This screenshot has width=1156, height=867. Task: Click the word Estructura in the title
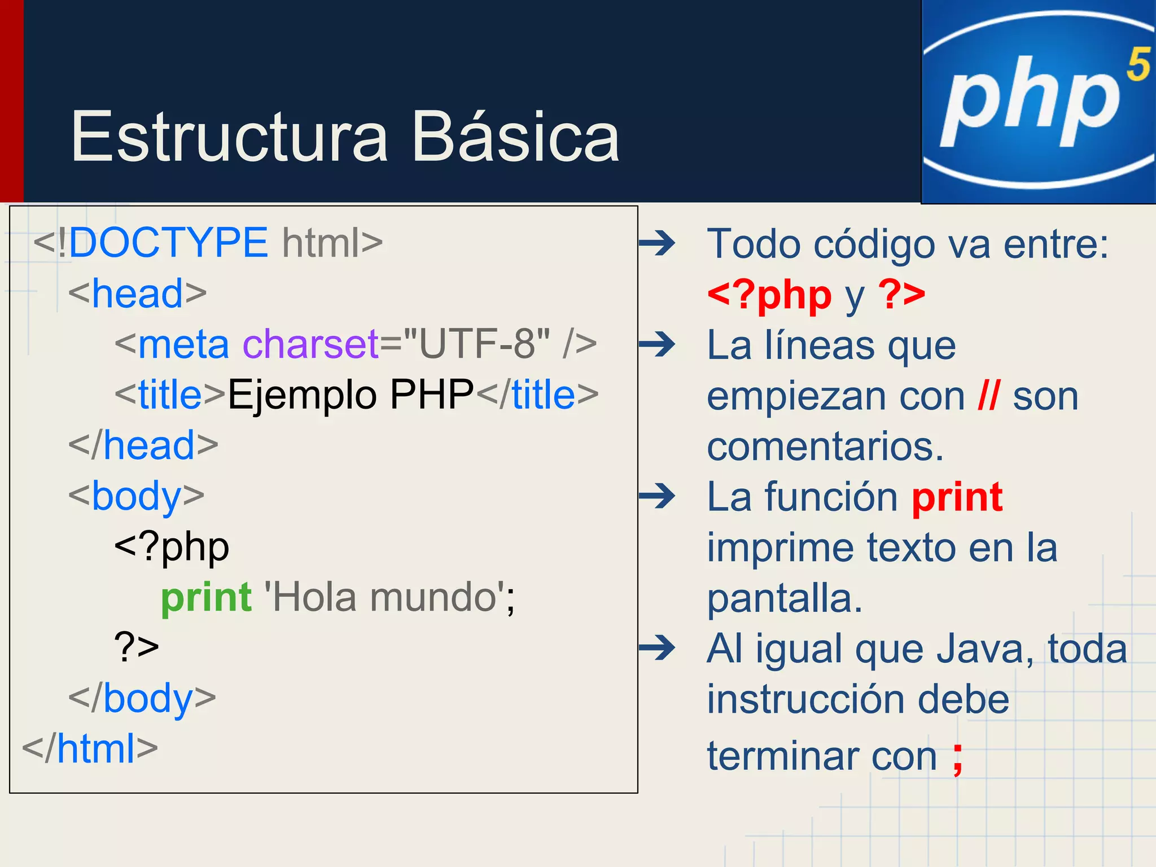229,137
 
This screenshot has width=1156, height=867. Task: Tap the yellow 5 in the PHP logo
1137,64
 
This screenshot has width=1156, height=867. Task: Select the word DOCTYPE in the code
168,243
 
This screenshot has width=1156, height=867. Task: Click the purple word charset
310,344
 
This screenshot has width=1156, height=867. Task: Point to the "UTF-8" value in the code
476,344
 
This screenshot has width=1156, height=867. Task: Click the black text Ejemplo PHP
350,395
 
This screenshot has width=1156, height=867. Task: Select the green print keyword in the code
206,598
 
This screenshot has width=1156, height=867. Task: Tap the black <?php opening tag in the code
172,547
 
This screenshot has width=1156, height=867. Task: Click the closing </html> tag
90,749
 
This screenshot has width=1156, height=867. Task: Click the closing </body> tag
142,699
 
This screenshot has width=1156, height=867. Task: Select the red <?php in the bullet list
769,295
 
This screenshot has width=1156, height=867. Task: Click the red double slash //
989,396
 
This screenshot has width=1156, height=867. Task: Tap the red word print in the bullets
957,497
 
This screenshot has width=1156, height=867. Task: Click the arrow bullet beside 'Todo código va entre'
657,244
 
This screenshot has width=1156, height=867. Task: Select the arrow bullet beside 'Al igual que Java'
657,648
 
